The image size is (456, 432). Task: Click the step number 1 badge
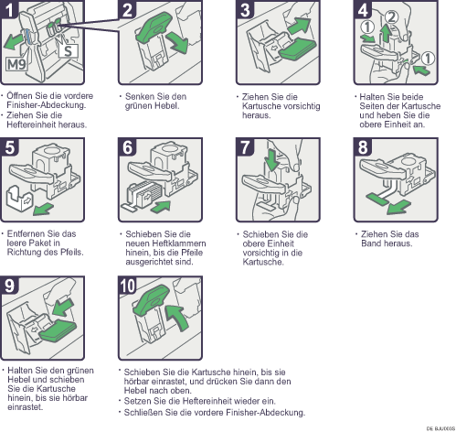pos(9,9)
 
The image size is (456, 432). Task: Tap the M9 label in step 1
pos(16,64)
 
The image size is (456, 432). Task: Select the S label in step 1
pos(69,50)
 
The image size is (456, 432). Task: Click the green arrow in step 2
pos(178,43)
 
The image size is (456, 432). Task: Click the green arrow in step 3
pos(299,26)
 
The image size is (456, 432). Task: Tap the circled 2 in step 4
pos(391,16)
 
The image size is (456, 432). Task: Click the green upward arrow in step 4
pos(386,34)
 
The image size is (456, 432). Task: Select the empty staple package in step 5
pos(20,198)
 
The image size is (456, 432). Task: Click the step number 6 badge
pos(127,147)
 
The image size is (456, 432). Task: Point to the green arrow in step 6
pos(160,207)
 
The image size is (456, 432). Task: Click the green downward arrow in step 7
pos(272,159)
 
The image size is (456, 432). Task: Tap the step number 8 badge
pos(363,147)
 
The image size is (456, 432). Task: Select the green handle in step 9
pos(58,331)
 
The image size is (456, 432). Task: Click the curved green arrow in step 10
pos(177,318)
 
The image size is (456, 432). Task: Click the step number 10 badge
pos(127,286)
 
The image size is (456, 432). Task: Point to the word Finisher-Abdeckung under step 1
pos(47,105)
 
